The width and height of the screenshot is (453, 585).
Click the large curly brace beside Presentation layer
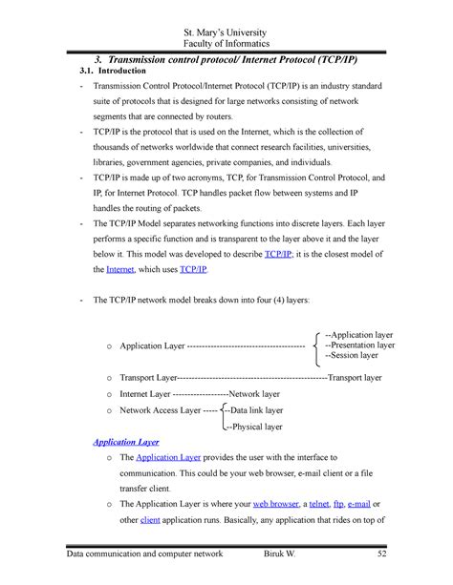(x=316, y=345)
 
